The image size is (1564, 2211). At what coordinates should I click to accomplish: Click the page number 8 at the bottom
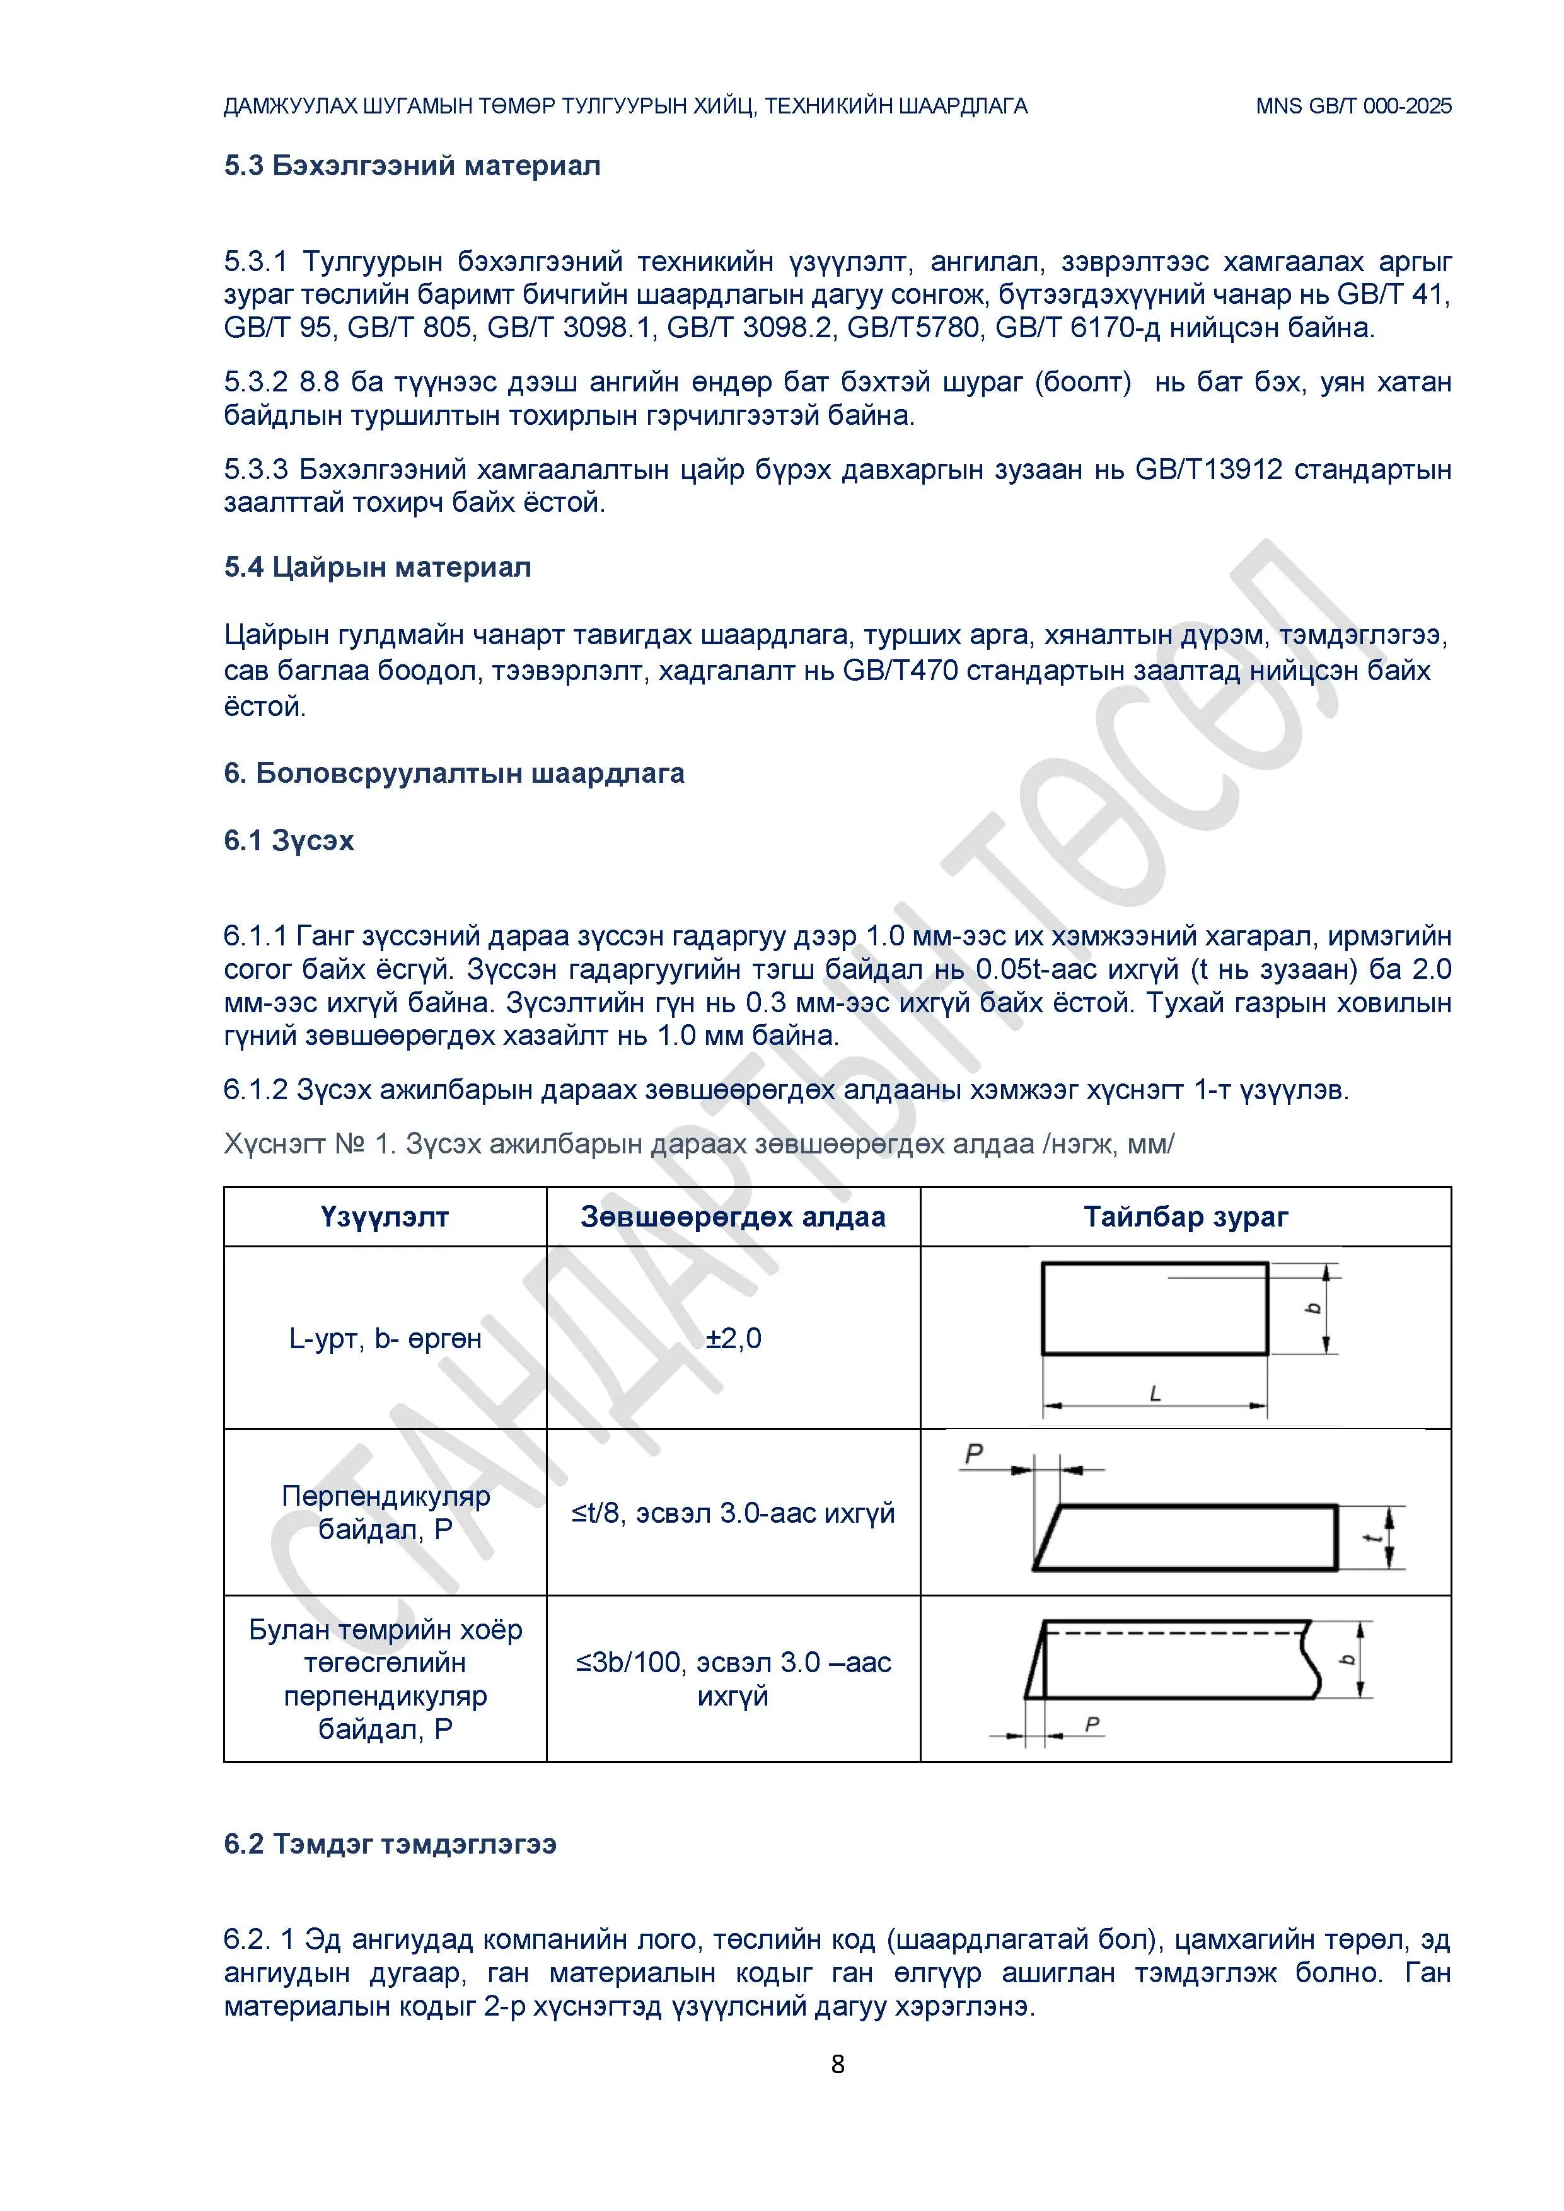pyautogui.click(x=837, y=2064)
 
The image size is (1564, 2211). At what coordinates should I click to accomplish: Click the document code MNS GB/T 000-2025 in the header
pyautogui.click(x=1353, y=106)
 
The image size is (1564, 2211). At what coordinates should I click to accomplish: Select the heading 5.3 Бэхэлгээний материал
pyautogui.click(x=412, y=166)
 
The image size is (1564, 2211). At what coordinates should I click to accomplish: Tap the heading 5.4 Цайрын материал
pyautogui.click(x=378, y=567)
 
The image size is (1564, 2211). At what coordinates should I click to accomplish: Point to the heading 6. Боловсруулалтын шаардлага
pyautogui.click(x=454, y=773)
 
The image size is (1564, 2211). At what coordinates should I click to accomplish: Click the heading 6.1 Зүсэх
pyautogui.click(x=289, y=841)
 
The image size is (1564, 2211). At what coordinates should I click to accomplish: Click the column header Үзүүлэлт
pyautogui.click(x=385, y=1217)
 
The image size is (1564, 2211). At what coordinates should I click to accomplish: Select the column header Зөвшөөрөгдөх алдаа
pyautogui.click(x=733, y=1217)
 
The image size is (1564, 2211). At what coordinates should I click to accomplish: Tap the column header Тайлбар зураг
pyautogui.click(x=1186, y=1217)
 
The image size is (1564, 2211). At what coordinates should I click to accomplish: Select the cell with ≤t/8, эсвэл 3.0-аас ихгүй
pyautogui.click(x=733, y=1513)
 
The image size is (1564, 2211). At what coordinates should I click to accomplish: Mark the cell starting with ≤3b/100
pyautogui.click(x=733, y=1678)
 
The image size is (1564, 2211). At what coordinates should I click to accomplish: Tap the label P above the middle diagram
pyautogui.click(x=974, y=1453)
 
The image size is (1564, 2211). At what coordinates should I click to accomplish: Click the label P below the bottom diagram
pyautogui.click(x=1092, y=1724)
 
